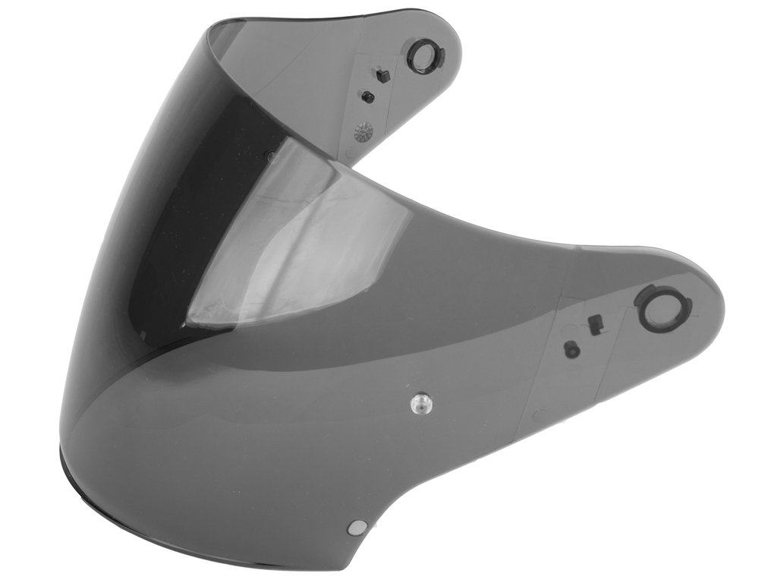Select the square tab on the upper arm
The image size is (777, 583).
click(383, 76)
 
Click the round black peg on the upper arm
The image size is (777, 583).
click(368, 96)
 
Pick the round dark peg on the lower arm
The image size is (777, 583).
click(572, 349)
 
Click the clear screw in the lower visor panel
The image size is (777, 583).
click(418, 403)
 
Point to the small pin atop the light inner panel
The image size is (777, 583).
click(270, 156)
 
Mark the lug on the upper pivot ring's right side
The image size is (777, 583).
click(439, 58)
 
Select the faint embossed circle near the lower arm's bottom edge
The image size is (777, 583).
click(539, 415)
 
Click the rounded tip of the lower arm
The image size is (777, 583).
click(717, 304)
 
